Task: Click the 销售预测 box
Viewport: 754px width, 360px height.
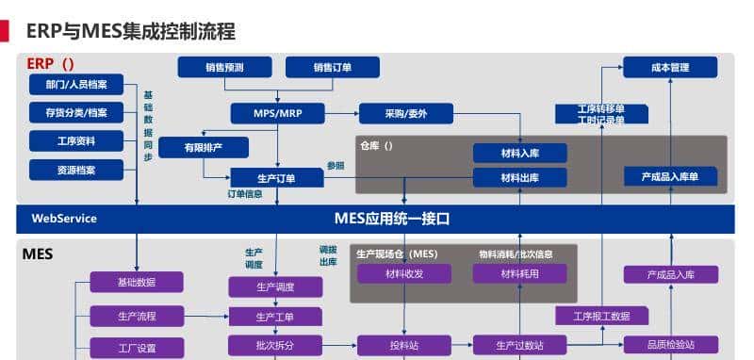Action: click(x=224, y=67)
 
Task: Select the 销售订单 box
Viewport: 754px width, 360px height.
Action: click(x=332, y=67)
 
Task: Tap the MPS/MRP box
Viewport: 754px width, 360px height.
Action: click(x=277, y=114)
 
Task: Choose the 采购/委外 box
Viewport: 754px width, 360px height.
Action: click(x=405, y=114)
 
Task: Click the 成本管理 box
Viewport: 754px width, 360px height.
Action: click(x=670, y=67)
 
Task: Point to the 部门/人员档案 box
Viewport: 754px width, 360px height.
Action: click(x=76, y=86)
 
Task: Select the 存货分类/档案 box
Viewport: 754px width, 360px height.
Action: click(x=76, y=114)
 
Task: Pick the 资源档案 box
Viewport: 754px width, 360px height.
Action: click(x=76, y=171)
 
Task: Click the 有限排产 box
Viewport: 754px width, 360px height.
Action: click(x=204, y=147)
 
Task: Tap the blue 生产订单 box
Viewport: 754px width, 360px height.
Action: click(x=276, y=178)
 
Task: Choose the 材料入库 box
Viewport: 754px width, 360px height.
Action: click(x=519, y=154)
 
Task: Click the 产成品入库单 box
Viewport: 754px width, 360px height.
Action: click(x=670, y=177)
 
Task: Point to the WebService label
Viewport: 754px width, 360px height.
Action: click(x=64, y=219)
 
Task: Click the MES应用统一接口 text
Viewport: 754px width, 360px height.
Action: click(x=392, y=219)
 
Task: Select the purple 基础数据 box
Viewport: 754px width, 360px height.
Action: click(x=137, y=282)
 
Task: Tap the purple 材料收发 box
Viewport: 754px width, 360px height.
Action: click(x=404, y=274)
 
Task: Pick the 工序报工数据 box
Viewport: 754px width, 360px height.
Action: click(x=600, y=317)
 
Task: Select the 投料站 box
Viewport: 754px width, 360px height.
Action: click(x=404, y=346)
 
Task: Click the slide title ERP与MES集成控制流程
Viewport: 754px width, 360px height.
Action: click(x=130, y=31)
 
